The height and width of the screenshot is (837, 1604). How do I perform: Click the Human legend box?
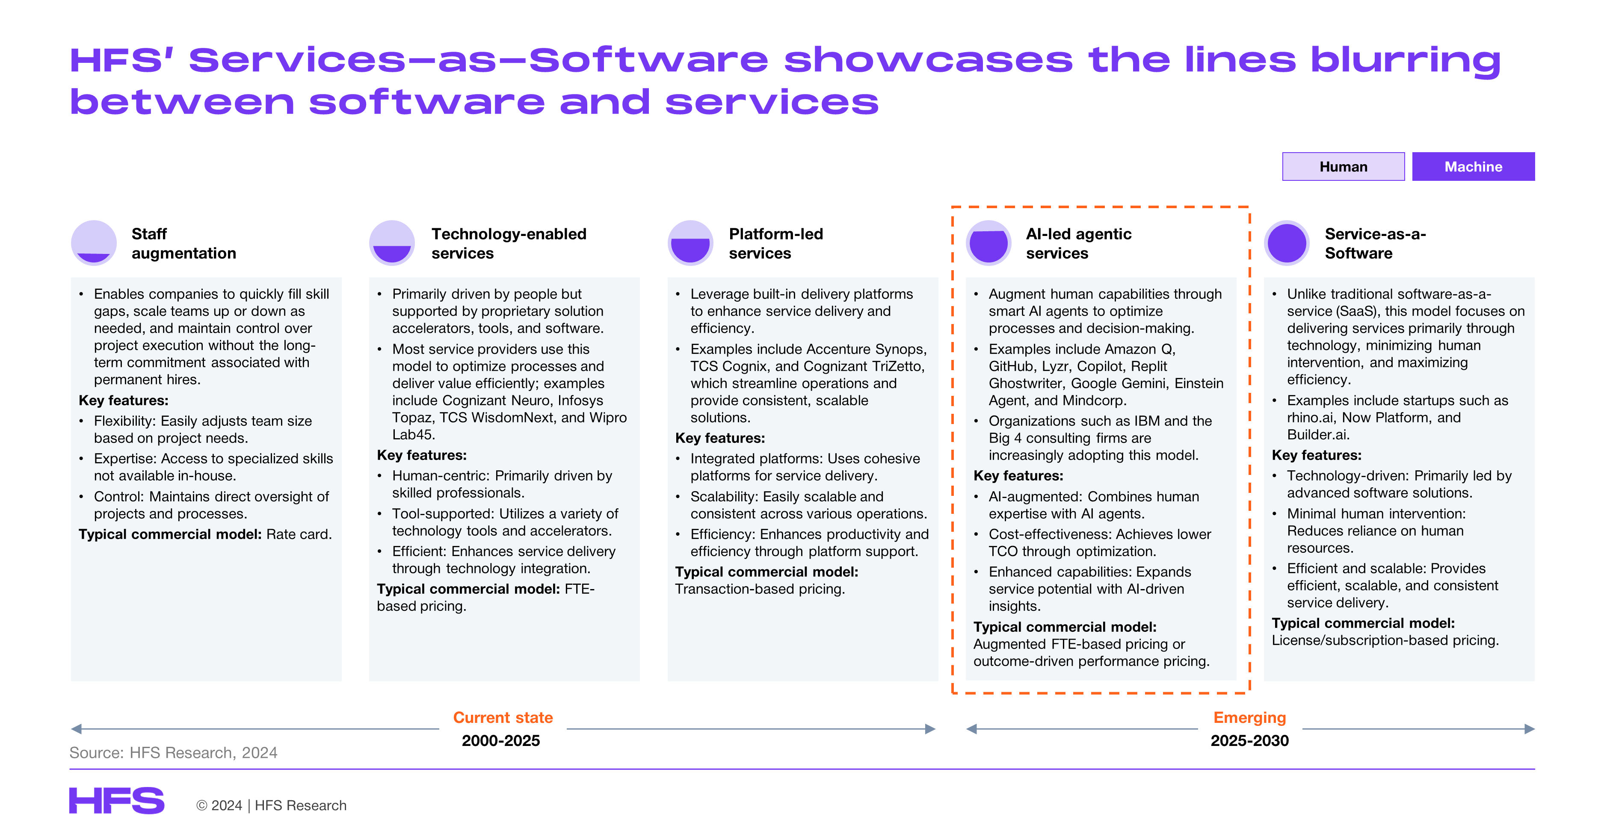(x=1343, y=166)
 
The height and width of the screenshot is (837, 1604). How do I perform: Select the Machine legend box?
(x=1473, y=166)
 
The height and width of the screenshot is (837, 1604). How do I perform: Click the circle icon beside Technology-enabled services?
(x=392, y=243)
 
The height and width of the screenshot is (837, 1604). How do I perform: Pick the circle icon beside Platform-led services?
(x=690, y=243)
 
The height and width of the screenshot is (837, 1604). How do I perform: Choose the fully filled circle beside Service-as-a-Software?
(x=1287, y=243)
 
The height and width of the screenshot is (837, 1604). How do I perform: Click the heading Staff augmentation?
(x=183, y=243)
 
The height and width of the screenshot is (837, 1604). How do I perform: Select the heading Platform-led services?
(x=776, y=243)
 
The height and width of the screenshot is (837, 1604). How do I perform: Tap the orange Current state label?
(x=503, y=717)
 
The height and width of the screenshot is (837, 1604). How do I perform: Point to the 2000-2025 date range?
(x=500, y=740)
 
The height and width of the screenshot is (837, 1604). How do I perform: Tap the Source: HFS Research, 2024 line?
(x=173, y=753)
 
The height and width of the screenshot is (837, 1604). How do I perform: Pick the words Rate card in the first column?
(x=298, y=534)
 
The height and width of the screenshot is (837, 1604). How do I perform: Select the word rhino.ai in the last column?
(x=1310, y=418)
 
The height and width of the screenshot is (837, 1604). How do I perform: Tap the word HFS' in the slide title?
(x=121, y=60)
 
